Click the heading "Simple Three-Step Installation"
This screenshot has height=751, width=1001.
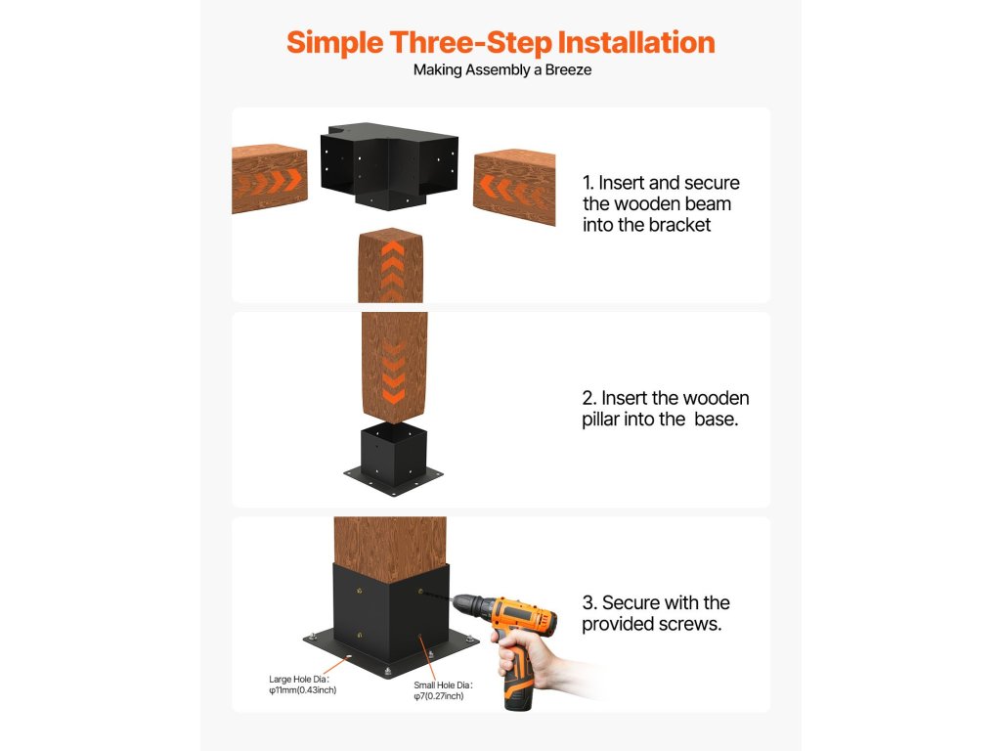click(500, 43)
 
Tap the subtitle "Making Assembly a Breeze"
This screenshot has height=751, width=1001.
click(501, 69)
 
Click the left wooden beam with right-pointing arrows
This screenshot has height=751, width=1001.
click(270, 178)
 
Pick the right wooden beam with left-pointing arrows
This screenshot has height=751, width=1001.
click(514, 187)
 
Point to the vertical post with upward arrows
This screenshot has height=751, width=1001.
click(391, 265)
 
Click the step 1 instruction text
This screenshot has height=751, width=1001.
click(661, 203)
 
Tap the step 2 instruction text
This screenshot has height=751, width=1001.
click(665, 409)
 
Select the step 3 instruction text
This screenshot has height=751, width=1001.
click(656, 613)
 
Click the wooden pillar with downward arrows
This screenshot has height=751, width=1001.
click(395, 368)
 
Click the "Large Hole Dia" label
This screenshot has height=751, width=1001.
click(302, 685)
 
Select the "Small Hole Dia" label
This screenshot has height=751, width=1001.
click(443, 690)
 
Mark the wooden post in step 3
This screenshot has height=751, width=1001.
click(391, 550)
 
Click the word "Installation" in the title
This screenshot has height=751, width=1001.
click(636, 43)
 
